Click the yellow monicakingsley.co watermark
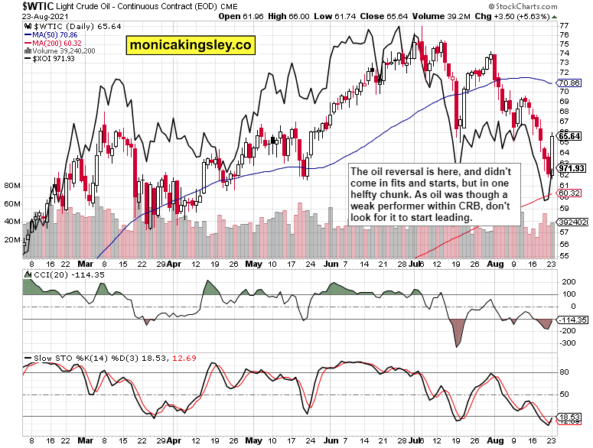click(191, 45)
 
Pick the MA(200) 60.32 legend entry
click(53, 44)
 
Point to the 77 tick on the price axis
click(564, 25)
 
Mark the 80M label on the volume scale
click(12, 186)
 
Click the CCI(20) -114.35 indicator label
click(55, 273)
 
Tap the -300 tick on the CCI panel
click(569, 343)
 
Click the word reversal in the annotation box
click(409, 173)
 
